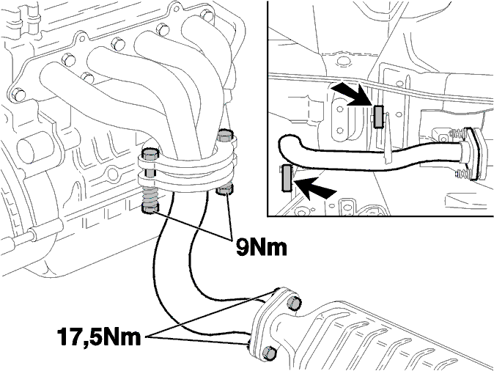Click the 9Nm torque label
pos(262,247)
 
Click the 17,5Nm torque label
pos(99,337)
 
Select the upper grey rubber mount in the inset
pos(379,117)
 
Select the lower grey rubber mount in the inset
pos(287,177)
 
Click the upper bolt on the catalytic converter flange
pos(294,304)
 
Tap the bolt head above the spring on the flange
pos(150,154)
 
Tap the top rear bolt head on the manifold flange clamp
pos(225,135)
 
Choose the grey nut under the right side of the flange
pos(224,190)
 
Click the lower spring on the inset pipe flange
pos(463,174)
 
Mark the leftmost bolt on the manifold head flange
pos(18,95)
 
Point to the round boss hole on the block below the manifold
pos(113,174)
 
